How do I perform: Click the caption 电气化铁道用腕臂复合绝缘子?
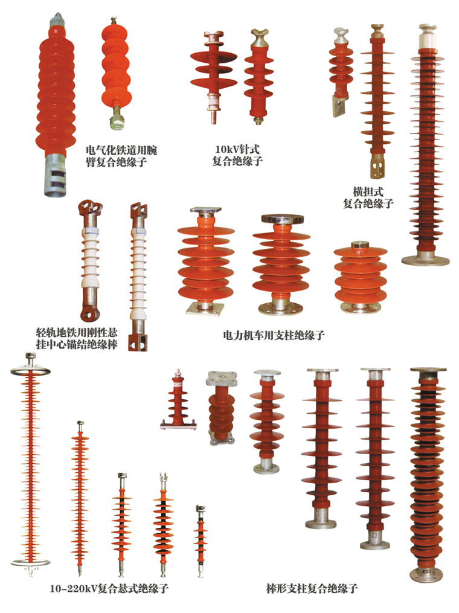[x=121, y=156]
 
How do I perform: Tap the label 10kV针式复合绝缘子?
[x=237, y=155]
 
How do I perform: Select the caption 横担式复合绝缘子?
[x=368, y=197]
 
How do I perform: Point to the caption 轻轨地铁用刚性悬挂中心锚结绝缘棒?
[x=76, y=339]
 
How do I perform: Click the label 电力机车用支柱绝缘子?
[x=274, y=335]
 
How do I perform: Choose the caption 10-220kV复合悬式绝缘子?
[x=109, y=588]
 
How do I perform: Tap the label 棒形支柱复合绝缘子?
[x=312, y=588]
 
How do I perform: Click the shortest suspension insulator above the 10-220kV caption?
[x=201, y=542]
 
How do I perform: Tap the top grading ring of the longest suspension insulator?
[x=30, y=371]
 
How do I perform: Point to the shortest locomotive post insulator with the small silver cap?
[x=360, y=277]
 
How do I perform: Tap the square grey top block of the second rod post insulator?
[x=221, y=377]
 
